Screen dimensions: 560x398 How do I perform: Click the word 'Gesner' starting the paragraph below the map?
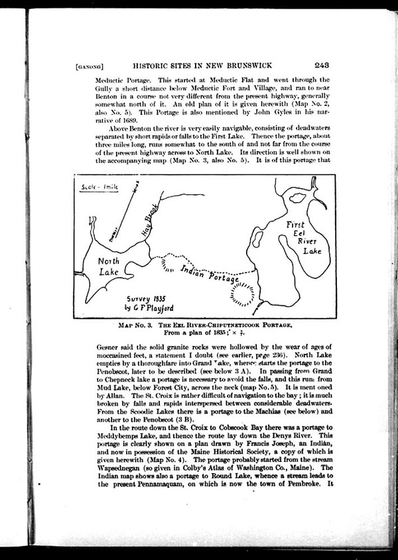click(x=90, y=347)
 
